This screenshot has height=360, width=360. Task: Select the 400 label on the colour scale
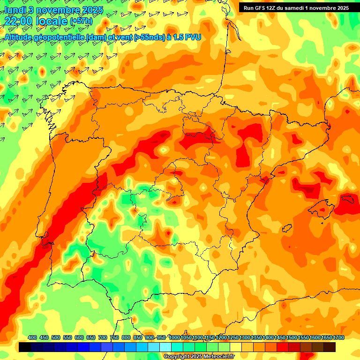click(32, 337)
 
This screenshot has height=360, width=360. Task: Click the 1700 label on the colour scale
click(325, 337)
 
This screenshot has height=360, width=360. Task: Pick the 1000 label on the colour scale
click(174, 337)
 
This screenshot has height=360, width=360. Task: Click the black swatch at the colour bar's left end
click(25, 347)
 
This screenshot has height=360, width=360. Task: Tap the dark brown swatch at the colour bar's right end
click(330, 347)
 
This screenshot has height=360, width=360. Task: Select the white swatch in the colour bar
click(165, 347)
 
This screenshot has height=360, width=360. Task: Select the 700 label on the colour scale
click(103, 337)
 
